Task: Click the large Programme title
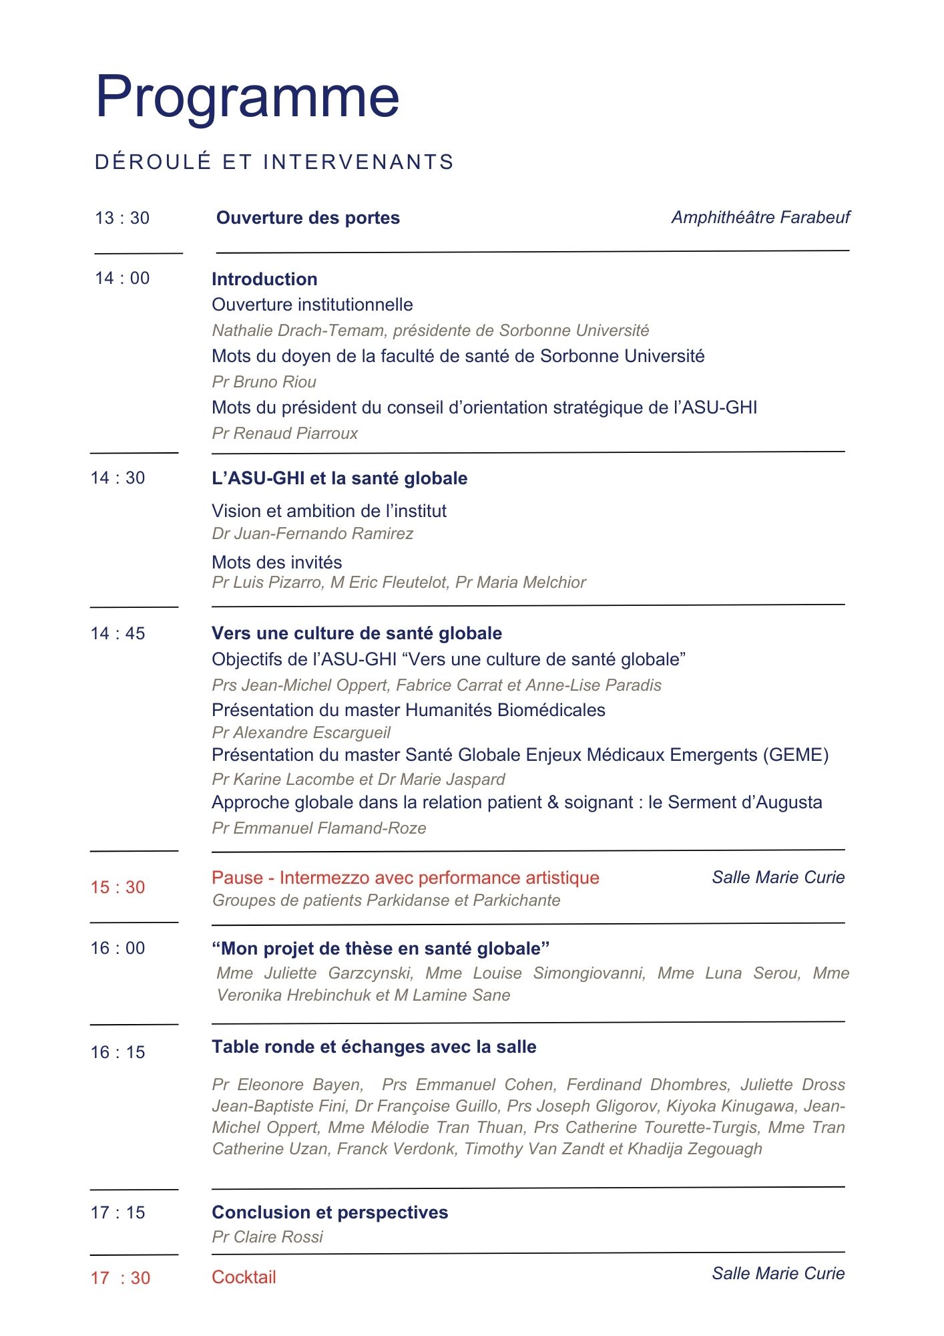pyautogui.click(x=247, y=97)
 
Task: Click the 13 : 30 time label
pyautogui.click(x=122, y=218)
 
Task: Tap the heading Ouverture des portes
pyautogui.click(x=308, y=218)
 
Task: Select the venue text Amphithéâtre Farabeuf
pyautogui.click(x=760, y=217)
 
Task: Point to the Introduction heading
pyautogui.click(x=264, y=279)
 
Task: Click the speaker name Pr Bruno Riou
pyautogui.click(x=264, y=382)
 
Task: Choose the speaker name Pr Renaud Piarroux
pyautogui.click(x=284, y=434)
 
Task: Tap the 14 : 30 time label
pyautogui.click(x=117, y=478)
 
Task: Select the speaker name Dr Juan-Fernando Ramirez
pyautogui.click(x=312, y=534)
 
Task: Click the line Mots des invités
pyautogui.click(x=276, y=562)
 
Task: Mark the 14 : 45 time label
pyautogui.click(x=117, y=633)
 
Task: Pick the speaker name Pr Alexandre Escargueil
pyautogui.click(x=300, y=733)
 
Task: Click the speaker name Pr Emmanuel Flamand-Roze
pyautogui.click(x=318, y=828)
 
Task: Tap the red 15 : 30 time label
pyautogui.click(x=117, y=887)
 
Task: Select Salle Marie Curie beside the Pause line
pyautogui.click(x=778, y=877)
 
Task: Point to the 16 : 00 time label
pyautogui.click(x=117, y=948)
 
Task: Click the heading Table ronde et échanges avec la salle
pyautogui.click(x=374, y=1047)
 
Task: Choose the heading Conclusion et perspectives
pyautogui.click(x=330, y=1212)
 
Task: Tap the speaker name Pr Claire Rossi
pyautogui.click(x=267, y=1237)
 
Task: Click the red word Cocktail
pyautogui.click(x=244, y=1277)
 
